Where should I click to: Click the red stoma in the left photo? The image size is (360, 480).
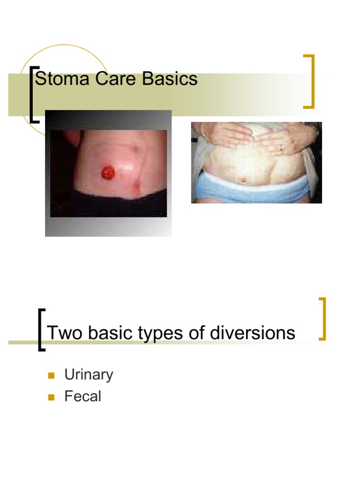coord(109,172)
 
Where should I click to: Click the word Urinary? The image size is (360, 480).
coord(89,375)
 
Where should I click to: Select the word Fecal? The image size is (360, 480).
coord(82,397)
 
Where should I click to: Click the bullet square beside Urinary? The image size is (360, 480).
coord(52,375)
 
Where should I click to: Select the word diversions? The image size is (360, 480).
coord(254,333)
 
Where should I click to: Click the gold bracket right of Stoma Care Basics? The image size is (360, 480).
coord(310,81)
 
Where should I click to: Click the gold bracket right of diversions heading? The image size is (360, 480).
coord(322,319)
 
